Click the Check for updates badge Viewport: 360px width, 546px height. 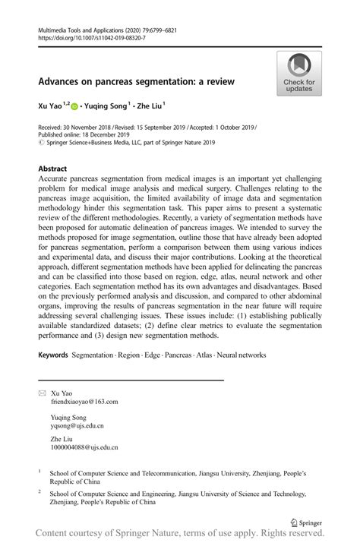tap(299, 74)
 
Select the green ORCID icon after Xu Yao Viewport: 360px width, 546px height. tap(74, 107)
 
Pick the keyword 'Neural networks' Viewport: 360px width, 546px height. tap(242, 355)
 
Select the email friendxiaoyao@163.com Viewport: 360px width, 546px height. tap(84, 402)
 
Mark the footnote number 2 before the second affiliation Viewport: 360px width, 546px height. tap(39, 491)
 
